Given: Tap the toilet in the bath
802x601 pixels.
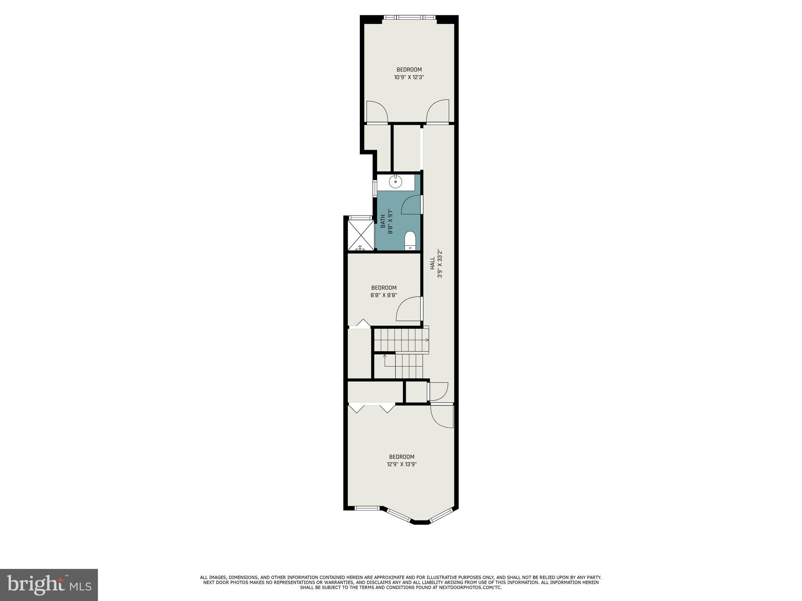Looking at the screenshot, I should coord(410,240).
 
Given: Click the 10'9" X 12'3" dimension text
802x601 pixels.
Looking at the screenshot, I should coord(409,77).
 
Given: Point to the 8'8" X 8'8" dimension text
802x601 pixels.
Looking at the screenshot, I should coord(384,295).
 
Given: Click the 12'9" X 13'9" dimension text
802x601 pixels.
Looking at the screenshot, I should coord(401,464).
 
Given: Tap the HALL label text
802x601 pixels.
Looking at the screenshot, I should coord(432,263).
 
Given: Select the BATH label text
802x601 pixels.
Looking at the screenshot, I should coord(383,221).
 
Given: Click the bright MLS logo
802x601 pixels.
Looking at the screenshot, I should coord(49,585).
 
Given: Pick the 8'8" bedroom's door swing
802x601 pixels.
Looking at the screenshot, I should coord(409,309).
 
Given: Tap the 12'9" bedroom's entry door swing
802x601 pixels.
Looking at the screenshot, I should coord(442,416).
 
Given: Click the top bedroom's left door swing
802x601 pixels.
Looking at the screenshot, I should coord(377,112).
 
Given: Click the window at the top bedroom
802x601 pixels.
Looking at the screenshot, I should coord(409,17).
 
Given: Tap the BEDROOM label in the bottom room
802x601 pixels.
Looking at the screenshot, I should coord(401,457).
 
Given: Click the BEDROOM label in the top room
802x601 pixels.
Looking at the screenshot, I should coord(409,70).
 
